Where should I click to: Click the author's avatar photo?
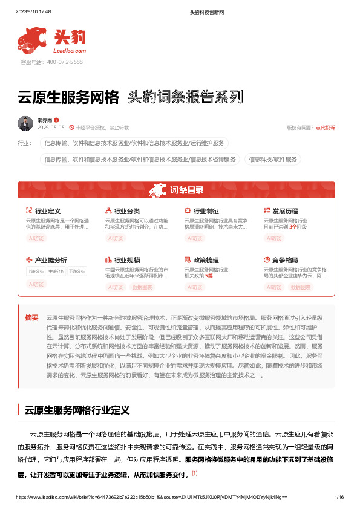coord(25,123)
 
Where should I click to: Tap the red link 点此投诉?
coord(325,128)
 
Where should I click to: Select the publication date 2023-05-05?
coord(50,128)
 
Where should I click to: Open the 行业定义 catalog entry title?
coord(48,211)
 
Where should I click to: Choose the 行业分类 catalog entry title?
coord(127,211)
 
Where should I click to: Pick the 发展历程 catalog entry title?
coord(285,211)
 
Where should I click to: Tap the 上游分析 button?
coord(36,271)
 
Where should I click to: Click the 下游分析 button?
coord(77,271)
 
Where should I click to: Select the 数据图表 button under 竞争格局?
coord(301,287)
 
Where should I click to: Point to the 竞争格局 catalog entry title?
coord(285,259)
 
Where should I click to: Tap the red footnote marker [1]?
coord(194,472)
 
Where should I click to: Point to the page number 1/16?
coord(339,497)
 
